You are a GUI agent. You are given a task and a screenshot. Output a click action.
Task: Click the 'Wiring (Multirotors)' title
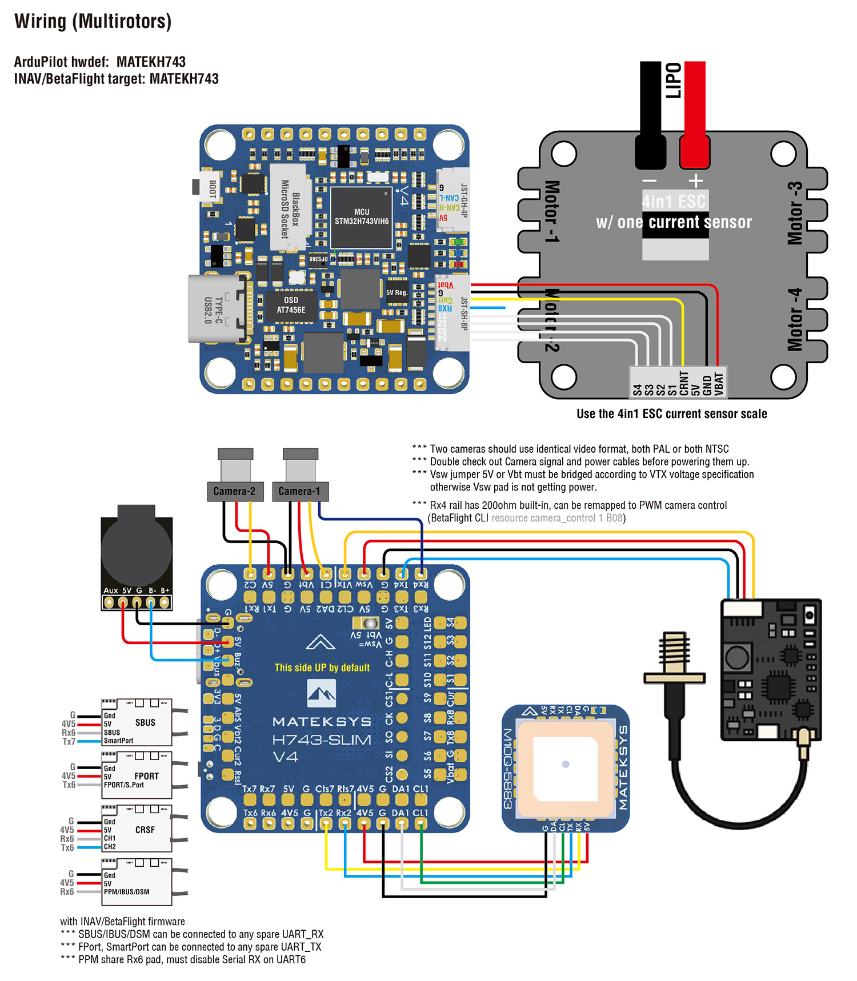[x=93, y=21]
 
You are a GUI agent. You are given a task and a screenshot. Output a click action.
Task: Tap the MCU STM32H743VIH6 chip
[x=362, y=216]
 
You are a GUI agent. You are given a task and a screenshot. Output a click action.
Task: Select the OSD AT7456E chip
[x=291, y=305]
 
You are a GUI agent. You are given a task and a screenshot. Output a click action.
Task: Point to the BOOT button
[x=209, y=188]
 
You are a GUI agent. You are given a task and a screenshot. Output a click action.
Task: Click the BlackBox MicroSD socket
[x=290, y=208]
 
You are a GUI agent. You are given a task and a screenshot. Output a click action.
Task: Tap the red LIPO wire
[x=695, y=103]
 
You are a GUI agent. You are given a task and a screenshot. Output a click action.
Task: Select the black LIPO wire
[x=650, y=103]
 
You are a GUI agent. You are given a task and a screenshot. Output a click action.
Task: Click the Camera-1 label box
[x=300, y=491]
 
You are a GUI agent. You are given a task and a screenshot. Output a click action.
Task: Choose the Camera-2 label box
[x=234, y=491]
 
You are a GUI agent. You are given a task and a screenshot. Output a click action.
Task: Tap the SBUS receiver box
[x=137, y=722]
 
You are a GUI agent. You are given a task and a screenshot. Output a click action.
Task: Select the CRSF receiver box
[x=137, y=830]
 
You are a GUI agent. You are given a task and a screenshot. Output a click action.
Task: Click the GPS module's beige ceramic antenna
[x=566, y=764]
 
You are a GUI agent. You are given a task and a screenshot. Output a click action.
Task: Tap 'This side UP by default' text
[x=322, y=668]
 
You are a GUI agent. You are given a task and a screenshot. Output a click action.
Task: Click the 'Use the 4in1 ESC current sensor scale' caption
[x=671, y=413]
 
